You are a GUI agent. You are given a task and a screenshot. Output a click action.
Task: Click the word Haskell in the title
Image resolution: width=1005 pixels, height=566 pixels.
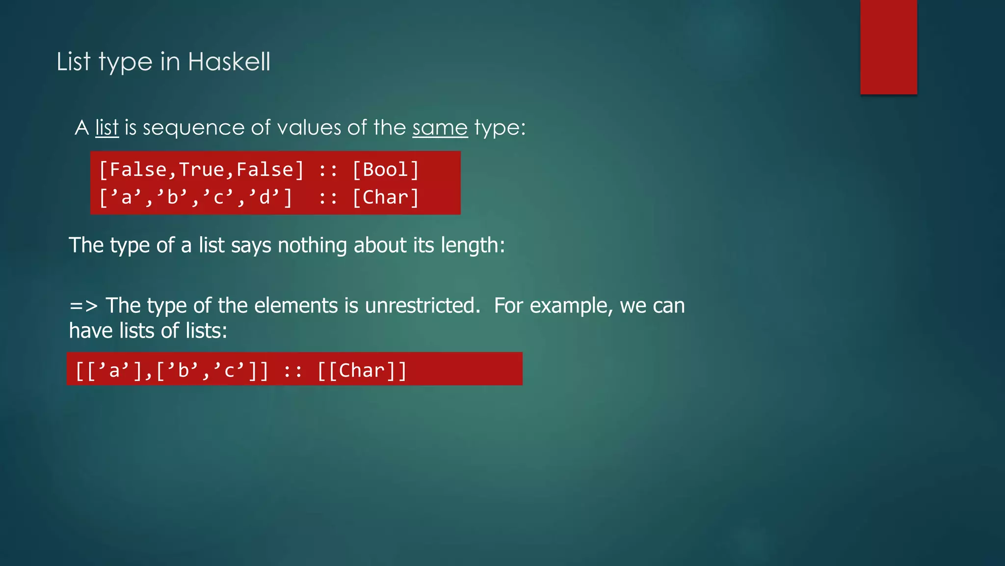229,62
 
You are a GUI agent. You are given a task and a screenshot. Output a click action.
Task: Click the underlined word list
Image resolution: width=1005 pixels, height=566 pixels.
107,128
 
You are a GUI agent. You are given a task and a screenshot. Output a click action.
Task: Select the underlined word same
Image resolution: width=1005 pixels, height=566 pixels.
440,128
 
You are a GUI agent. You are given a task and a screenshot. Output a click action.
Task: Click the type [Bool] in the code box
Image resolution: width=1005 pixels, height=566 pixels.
386,170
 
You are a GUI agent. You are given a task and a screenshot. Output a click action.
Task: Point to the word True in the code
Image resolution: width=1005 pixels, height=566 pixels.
201,170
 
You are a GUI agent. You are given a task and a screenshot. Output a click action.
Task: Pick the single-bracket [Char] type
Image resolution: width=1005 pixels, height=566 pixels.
386,198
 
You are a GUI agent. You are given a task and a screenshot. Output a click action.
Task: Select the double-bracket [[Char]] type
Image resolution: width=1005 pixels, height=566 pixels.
362,370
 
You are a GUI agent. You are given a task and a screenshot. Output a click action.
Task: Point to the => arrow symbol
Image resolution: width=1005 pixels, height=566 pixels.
83,306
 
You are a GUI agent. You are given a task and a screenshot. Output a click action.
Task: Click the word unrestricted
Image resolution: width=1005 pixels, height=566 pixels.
422,306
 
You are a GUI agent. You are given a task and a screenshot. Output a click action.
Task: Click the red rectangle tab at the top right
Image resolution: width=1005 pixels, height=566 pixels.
888,47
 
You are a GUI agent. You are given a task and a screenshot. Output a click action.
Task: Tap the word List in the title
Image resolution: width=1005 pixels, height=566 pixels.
74,62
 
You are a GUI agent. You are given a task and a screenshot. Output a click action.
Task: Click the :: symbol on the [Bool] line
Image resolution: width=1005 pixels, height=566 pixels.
328,170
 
